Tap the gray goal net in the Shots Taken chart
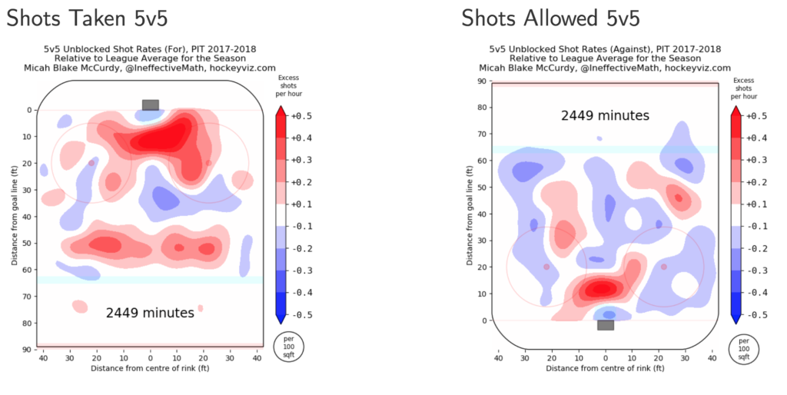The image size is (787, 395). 151,105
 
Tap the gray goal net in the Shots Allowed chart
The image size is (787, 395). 606,325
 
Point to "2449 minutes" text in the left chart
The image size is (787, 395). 151,313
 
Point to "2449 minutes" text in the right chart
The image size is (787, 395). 606,116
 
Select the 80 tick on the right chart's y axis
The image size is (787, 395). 481,107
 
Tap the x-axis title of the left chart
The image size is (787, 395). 151,369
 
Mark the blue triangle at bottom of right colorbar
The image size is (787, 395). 736,317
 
